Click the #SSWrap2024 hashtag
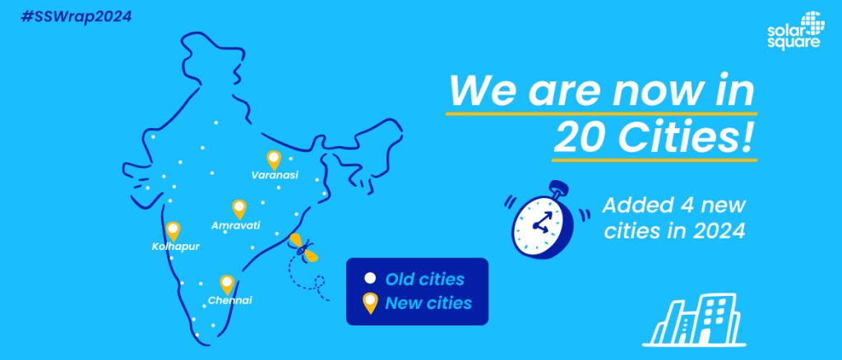[x=76, y=16]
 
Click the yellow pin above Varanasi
[x=274, y=160]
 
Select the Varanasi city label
[x=275, y=175]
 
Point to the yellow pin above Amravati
[x=239, y=209]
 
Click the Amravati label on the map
[x=236, y=225]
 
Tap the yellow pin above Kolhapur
[x=173, y=231]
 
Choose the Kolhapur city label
[x=176, y=247]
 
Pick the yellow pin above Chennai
[x=227, y=284]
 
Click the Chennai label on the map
[x=230, y=301]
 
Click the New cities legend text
[x=428, y=303]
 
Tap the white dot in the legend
[x=369, y=279]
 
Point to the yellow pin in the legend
[x=369, y=303]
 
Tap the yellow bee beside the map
[x=303, y=247]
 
